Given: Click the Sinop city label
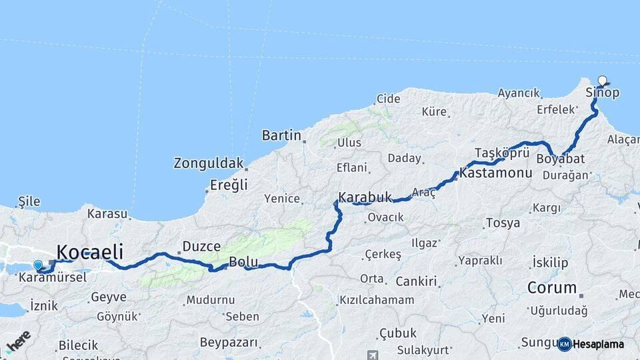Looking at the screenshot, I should coord(602,93).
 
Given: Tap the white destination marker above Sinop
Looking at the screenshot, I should coord(603,81).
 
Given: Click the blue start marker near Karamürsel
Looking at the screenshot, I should coord(38,265).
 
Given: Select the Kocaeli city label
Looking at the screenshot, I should coord(90,252).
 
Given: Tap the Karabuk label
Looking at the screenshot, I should coord(364,197).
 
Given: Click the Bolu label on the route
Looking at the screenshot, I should coord(239,262).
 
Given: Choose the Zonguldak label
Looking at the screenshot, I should coord(207,163).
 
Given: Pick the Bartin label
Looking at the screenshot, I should coord(281,135).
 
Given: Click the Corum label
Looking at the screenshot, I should coord(552,288).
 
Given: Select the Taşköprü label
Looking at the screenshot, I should coord(502,152).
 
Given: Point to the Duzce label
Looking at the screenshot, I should coord(201,247).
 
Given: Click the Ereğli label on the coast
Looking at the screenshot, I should coord(229,185).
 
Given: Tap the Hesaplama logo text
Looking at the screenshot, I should coord(598,345).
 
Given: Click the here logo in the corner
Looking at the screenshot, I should coord(18,341).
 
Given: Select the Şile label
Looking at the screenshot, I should coord(29,201).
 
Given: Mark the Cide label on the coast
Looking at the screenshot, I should coord(388,99).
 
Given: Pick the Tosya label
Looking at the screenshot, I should coord(503,223).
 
